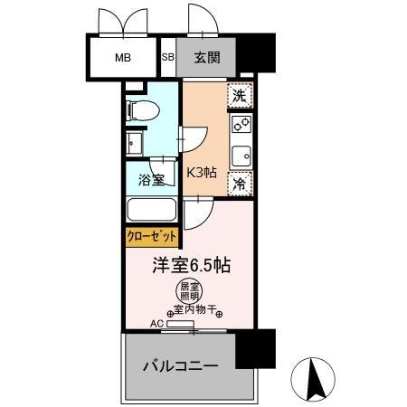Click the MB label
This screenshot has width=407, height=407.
click(x=122, y=59)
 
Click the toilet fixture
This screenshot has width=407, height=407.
click(x=144, y=109)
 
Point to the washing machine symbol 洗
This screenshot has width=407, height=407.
click(x=238, y=95)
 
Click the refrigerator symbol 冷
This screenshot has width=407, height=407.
click(x=239, y=184)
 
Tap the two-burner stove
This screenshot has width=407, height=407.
click(x=241, y=124)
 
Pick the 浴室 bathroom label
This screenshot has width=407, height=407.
click(x=150, y=179)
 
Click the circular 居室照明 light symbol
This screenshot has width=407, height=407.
click(x=188, y=292)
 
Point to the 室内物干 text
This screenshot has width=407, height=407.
click(x=201, y=310)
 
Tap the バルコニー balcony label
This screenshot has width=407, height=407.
click(x=180, y=368)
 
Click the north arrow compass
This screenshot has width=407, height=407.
click(x=317, y=381)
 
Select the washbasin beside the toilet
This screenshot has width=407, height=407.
click(x=134, y=144)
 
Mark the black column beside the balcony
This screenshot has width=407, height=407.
click(x=254, y=348)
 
